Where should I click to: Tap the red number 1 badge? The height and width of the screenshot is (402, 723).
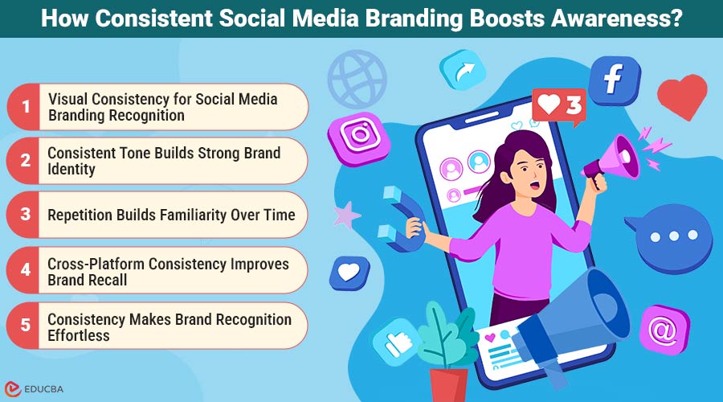pos(26,106)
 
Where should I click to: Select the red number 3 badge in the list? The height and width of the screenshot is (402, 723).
pos(26,215)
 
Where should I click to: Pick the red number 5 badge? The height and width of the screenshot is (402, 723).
pos(26,326)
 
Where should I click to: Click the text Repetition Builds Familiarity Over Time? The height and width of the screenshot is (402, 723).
pos(171,215)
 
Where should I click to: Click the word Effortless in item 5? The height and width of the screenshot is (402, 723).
pos(78,335)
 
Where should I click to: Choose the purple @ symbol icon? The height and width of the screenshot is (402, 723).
pos(664,329)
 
